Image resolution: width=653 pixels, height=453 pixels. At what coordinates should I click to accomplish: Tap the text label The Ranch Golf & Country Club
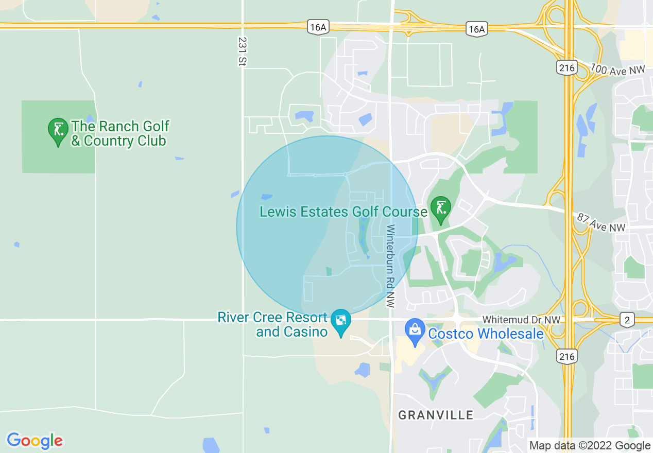pyautogui.click(x=119, y=133)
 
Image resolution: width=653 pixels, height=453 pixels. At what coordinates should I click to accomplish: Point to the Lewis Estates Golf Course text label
pyautogui.click(x=343, y=212)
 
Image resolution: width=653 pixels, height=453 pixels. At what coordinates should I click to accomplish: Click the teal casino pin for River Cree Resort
pyautogui.click(x=340, y=322)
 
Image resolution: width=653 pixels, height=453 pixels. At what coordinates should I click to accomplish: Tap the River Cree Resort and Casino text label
pyautogui.click(x=272, y=324)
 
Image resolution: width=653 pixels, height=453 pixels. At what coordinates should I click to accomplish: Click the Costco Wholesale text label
pyautogui.click(x=486, y=334)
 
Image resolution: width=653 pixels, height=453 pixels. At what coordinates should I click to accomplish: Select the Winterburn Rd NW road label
pyautogui.click(x=390, y=266)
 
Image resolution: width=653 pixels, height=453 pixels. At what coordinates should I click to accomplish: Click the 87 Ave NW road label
pyautogui.click(x=600, y=223)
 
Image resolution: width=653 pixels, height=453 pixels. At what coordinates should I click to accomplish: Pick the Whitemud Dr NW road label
pyautogui.click(x=521, y=320)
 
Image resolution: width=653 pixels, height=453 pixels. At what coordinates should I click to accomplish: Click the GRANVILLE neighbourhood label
pyautogui.click(x=436, y=415)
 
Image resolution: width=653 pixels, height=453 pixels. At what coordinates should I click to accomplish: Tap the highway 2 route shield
pyautogui.click(x=627, y=320)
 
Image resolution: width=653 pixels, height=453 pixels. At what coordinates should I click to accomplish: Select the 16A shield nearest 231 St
pyautogui.click(x=318, y=28)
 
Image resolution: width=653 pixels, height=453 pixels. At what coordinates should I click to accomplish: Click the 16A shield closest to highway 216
pyautogui.click(x=476, y=29)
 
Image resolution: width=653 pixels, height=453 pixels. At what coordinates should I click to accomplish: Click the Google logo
pyautogui.click(x=35, y=440)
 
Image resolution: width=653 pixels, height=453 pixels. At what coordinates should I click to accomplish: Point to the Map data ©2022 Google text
pyautogui.click(x=590, y=446)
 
